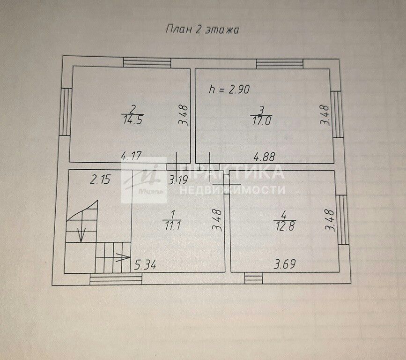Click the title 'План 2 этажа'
(202, 30)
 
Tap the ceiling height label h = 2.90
(229, 90)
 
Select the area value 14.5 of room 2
(133, 120)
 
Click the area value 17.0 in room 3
(261, 121)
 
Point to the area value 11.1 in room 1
(173, 226)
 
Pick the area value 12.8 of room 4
(285, 226)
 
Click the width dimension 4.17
(132, 156)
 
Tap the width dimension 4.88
(264, 157)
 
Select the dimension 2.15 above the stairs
(101, 180)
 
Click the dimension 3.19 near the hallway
(177, 180)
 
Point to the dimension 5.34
(145, 265)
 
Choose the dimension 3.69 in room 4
(285, 264)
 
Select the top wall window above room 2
(147, 63)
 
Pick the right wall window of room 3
(337, 114)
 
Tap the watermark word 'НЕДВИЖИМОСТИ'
(232, 190)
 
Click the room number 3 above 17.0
(261, 111)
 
